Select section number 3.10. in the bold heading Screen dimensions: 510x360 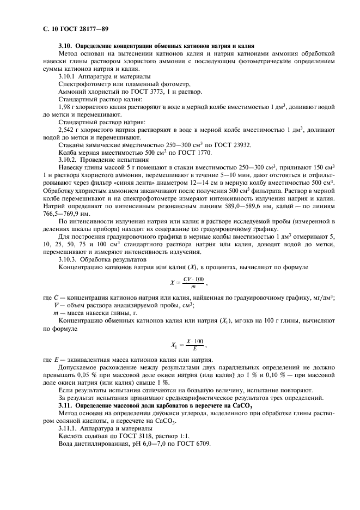65,45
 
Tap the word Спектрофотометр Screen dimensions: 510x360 84,84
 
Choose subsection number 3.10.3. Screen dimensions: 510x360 69,259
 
